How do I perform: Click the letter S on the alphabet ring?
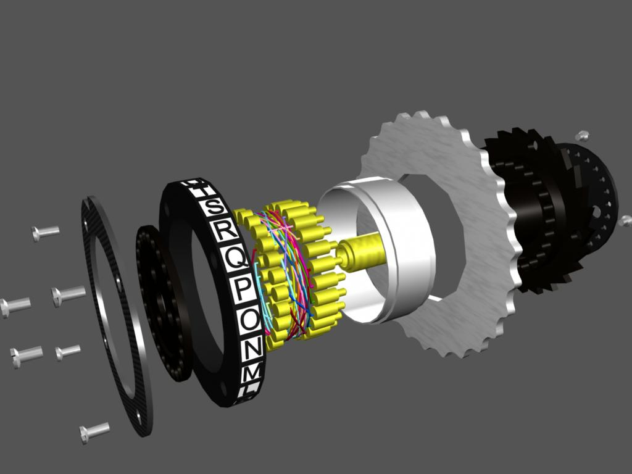(214, 207)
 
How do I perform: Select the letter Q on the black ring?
(235, 259)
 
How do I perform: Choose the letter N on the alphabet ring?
(252, 350)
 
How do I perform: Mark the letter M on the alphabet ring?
(251, 374)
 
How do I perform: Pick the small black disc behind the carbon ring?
(157, 302)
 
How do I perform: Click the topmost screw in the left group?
(46, 233)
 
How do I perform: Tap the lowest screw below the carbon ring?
(94, 431)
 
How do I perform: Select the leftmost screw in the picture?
(15, 305)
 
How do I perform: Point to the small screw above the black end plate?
(582, 136)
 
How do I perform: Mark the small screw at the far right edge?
(625, 220)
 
